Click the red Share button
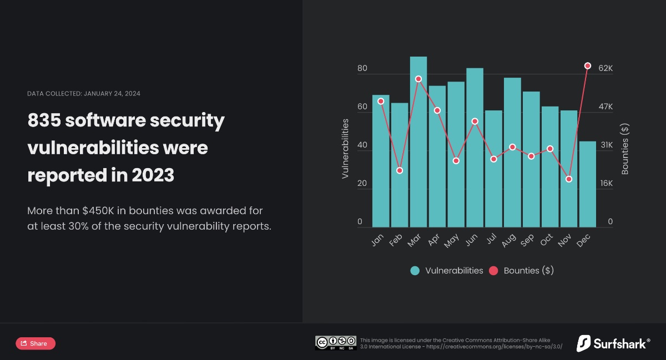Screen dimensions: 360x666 coord(36,343)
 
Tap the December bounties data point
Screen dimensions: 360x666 coord(588,65)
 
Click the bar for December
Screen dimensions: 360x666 coord(588,186)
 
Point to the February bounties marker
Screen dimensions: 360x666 coord(400,170)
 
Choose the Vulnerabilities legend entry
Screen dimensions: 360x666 coord(447,271)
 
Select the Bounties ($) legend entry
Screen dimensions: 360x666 coord(521,271)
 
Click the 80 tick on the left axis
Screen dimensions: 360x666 coord(362,69)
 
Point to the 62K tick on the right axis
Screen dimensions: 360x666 coord(605,69)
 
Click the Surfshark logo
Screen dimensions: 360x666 coord(613,343)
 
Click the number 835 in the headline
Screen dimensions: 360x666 coord(44,120)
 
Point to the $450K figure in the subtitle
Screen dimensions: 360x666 coord(99,211)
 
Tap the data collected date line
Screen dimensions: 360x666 coord(84,93)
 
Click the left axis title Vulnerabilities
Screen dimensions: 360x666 coord(345,148)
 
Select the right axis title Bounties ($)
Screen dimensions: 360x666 coord(625,149)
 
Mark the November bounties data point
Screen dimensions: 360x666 coord(569,179)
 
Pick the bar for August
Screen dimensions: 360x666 coord(512,153)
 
